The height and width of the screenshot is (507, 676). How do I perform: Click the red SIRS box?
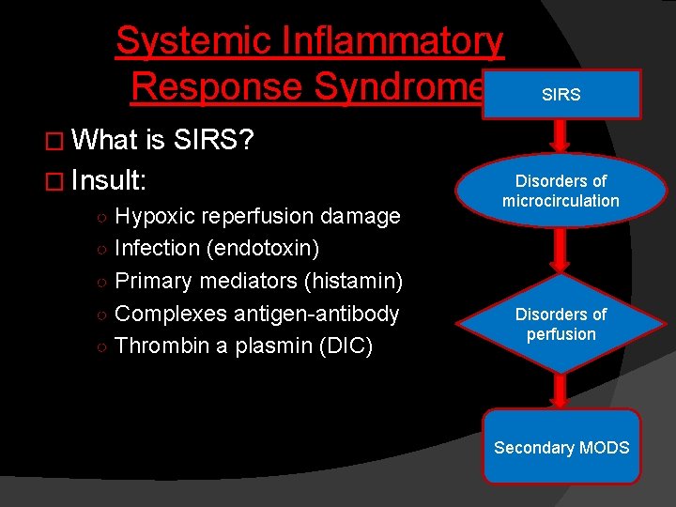point(561,94)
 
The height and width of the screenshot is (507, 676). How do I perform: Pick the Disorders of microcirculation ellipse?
point(561,191)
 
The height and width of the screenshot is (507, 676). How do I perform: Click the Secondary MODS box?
point(561,447)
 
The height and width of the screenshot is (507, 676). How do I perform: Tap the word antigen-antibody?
point(319,314)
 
